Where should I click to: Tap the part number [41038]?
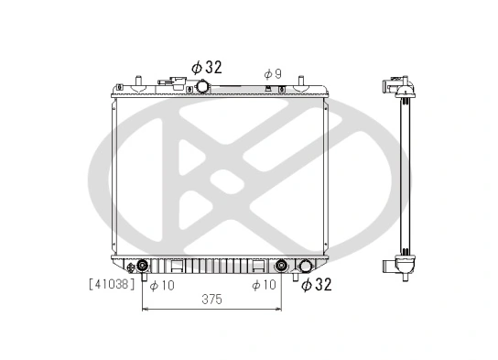pyautogui.click(x=113, y=285)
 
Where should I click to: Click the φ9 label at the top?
pyautogui.click(x=272, y=72)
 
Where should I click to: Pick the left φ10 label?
pyautogui.click(x=161, y=285)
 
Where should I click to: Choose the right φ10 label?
pyautogui.click(x=264, y=285)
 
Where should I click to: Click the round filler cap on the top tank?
pyautogui.click(x=201, y=86)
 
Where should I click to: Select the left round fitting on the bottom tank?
pyautogui.click(x=143, y=267)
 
